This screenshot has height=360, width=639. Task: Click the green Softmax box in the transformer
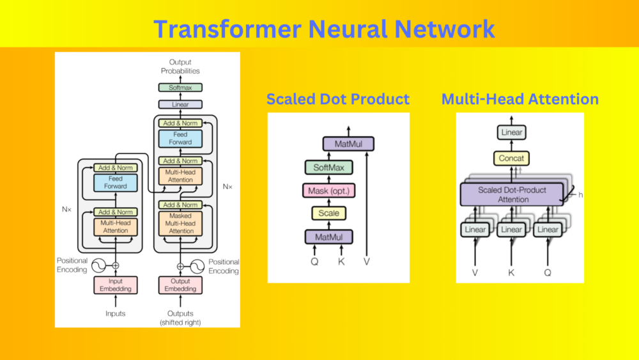click(180, 87)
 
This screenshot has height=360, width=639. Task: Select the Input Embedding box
click(115, 285)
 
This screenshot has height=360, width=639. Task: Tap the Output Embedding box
click(180, 285)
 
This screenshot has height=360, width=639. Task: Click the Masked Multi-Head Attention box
click(180, 223)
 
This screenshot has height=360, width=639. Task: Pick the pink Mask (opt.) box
click(329, 191)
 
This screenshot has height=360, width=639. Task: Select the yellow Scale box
click(329, 213)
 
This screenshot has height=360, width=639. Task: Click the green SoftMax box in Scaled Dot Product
click(329, 168)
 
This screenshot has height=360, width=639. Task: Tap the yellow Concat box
click(511, 158)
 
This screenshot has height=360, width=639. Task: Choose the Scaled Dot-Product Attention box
click(512, 194)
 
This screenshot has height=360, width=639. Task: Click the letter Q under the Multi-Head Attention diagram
click(548, 273)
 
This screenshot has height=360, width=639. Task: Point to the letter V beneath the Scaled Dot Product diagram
click(367, 262)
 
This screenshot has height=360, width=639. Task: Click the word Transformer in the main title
click(227, 29)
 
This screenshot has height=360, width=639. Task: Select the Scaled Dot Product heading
click(338, 99)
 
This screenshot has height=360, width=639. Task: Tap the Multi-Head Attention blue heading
click(520, 99)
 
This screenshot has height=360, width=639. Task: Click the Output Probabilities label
click(180, 67)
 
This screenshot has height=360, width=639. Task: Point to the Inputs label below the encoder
click(115, 313)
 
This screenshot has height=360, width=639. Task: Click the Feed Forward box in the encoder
click(115, 183)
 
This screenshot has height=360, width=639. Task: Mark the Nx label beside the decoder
click(227, 187)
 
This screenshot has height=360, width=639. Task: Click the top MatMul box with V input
click(348, 144)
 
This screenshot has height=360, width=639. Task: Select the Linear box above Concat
click(511, 132)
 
